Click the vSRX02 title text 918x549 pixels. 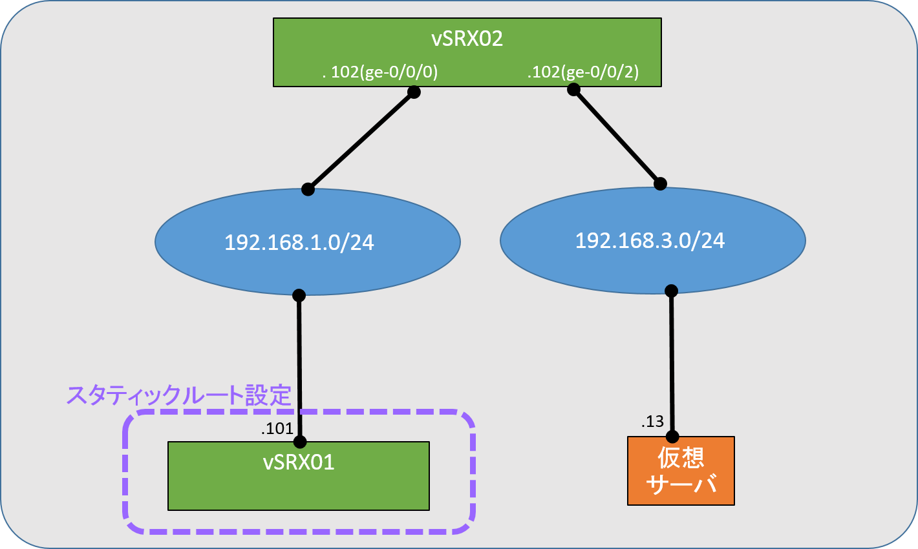point(467,39)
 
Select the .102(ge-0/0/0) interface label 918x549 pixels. point(380,72)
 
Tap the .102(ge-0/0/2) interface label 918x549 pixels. point(583,72)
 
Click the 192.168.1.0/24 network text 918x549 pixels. point(299,242)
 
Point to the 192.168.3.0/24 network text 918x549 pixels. point(650,240)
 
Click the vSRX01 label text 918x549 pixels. point(299,462)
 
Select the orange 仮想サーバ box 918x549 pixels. point(681,471)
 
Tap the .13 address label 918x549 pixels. point(652,422)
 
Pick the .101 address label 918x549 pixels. point(277,428)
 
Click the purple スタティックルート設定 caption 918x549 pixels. point(179,395)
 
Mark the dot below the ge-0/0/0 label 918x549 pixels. point(414,92)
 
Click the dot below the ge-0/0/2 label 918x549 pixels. point(573,89)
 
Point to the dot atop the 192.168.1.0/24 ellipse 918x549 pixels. point(308,189)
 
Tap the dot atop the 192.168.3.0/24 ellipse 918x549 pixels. point(660,184)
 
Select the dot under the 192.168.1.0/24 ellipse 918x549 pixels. point(299,295)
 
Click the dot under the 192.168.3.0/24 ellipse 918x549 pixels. point(671,291)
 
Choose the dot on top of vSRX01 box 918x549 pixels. point(299,442)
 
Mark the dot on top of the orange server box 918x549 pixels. point(672,437)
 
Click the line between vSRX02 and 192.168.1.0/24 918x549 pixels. point(361,141)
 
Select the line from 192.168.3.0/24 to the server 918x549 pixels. point(672,364)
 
